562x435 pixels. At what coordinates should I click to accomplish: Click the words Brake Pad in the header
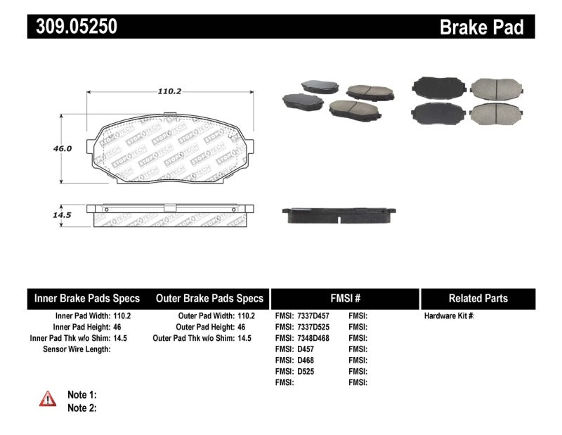[x=481, y=27]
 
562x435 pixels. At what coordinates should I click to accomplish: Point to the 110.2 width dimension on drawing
[x=166, y=91]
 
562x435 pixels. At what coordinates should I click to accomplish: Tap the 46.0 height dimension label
[x=63, y=149]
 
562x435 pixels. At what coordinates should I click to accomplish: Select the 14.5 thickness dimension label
[x=63, y=215]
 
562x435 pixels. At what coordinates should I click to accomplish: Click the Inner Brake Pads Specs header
[x=87, y=298]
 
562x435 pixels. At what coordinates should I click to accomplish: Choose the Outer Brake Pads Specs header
[x=209, y=298]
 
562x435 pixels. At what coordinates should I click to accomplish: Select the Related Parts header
[x=478, y=298]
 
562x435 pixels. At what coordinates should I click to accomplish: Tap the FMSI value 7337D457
[x=313, y=316]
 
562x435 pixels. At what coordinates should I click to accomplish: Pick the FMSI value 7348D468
[x=313, y=338]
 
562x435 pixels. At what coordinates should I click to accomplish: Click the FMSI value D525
[x=306, y=371]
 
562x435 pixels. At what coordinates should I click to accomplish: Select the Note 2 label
[x=81, y=408]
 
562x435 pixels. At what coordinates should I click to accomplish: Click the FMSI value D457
[x=306, y=349]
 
